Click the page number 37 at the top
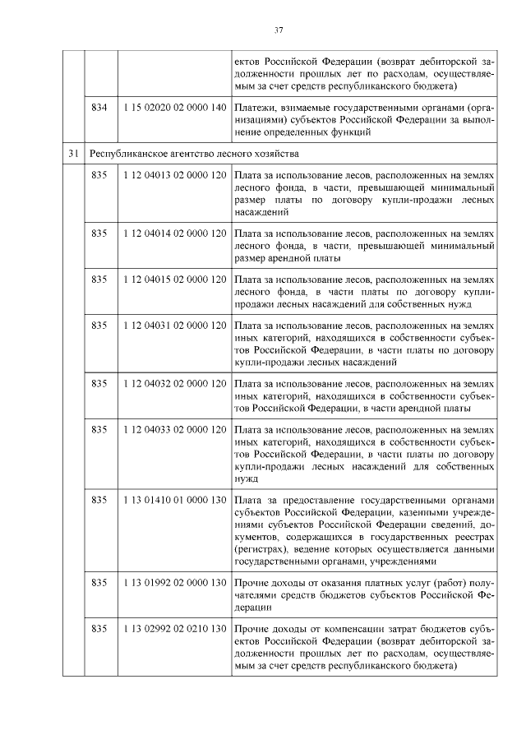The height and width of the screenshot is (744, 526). click(279, 30)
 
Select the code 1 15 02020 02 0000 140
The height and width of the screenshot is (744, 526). click(173, 108)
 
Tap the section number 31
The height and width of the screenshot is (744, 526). click(74, 153)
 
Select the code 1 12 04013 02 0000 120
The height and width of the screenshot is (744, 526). click(173, 176)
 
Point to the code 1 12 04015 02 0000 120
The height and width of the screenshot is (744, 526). click(173, 280)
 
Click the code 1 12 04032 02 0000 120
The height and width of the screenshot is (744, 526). click(173, 383)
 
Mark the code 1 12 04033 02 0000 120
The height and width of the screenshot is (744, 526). click(173, 429)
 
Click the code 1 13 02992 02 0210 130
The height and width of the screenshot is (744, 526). click(173, 628)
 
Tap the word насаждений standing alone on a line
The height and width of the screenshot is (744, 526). click(261, 210)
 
